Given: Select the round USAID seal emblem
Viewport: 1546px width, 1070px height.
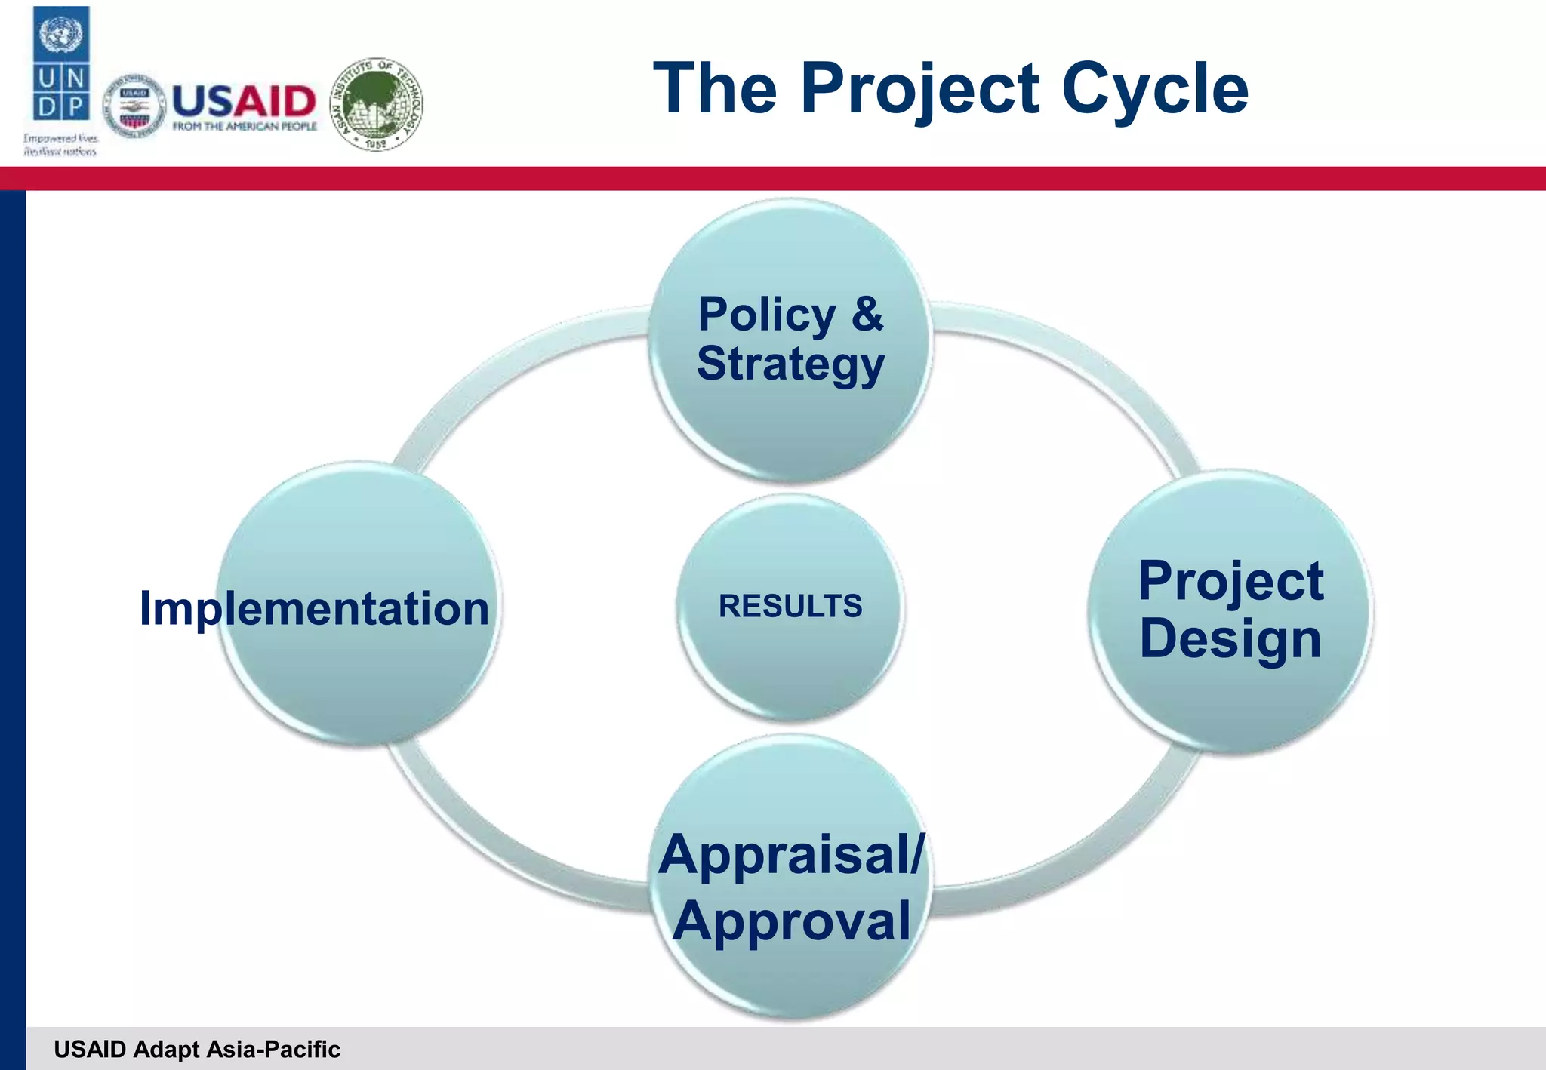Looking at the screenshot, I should coord(134,106).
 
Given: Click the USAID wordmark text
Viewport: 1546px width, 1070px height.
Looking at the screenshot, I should coord(244,100).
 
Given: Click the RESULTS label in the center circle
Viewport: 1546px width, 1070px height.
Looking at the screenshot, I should coord(790,606).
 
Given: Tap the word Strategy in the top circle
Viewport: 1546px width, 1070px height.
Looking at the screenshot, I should coord(790,364).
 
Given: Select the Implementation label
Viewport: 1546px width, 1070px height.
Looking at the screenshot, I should coord(314,608).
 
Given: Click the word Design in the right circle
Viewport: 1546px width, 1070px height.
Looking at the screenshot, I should coord(1230,638).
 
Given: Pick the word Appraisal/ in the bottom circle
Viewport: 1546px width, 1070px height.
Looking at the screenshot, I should coord(790,855).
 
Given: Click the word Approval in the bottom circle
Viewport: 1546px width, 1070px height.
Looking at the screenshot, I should coord(791,921).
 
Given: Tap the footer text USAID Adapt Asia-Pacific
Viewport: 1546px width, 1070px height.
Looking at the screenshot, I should coord(197,1049).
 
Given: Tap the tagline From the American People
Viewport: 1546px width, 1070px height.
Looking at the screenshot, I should coord(244,127).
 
